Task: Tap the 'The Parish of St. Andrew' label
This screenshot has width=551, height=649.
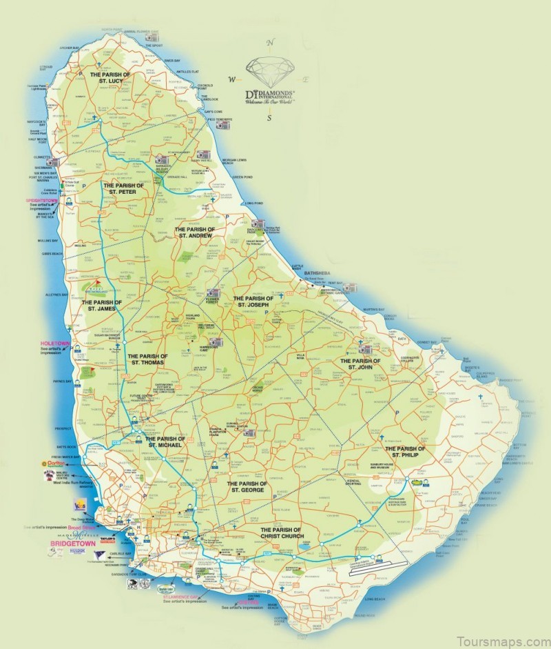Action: point(195,232)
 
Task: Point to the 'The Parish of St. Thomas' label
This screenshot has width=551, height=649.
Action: point(146,359)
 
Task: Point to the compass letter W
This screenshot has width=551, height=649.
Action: point(232,79)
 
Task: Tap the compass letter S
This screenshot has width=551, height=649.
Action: point(270,117)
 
